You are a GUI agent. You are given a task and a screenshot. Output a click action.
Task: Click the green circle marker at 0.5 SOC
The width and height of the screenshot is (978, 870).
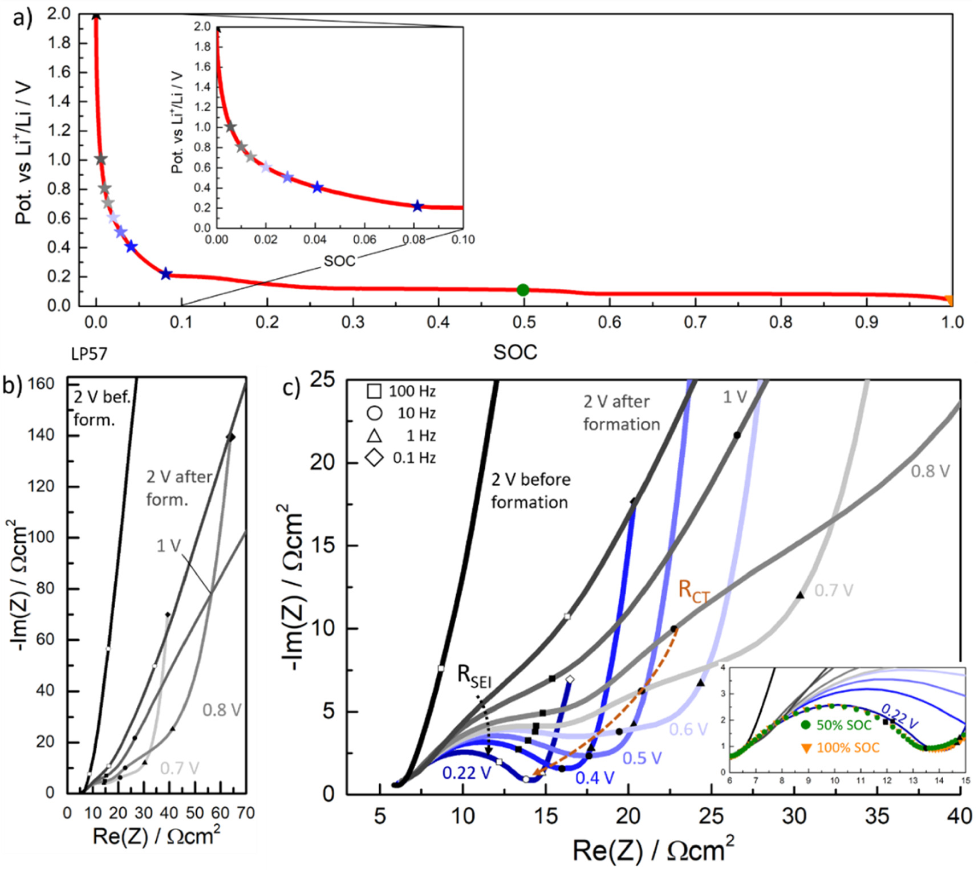[522, 290]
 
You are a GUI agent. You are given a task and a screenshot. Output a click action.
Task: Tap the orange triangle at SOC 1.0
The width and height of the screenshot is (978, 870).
[948, 300]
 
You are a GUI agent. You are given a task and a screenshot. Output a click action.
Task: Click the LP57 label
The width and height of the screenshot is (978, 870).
[89, 354]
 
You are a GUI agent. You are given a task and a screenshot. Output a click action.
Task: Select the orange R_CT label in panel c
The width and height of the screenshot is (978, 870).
[694, 591]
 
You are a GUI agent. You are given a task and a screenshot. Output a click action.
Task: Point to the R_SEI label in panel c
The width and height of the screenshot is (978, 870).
[474, 676]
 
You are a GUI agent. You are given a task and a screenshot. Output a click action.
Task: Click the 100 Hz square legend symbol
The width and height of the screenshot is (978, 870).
[374, 391]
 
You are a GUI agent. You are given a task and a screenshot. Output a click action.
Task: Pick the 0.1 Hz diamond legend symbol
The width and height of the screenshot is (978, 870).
[374, 458]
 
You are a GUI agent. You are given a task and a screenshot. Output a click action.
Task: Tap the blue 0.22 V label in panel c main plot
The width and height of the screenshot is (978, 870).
[466, 773]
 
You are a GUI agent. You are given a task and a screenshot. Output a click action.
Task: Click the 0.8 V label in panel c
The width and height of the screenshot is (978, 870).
[930, 471]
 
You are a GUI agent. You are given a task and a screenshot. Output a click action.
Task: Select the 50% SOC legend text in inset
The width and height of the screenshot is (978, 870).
[844, 725]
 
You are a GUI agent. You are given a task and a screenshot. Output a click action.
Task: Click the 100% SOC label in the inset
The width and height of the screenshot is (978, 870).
[847, 747]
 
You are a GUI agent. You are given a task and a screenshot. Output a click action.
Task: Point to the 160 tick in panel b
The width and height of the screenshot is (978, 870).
[40, 384]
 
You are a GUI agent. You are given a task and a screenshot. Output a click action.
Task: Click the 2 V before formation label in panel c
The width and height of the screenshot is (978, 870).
[530, 491]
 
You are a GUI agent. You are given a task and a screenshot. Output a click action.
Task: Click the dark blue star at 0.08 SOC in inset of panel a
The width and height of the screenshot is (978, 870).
[417, 206]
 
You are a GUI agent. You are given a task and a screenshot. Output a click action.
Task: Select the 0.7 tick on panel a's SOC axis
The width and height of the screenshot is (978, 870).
[695, 323]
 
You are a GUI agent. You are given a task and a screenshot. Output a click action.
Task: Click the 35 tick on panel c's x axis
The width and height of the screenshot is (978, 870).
[876, 816]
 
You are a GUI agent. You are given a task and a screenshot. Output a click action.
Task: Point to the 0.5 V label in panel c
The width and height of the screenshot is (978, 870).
[642, 758]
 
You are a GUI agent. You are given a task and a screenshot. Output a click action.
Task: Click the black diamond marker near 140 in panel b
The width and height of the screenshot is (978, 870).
[230, 437]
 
